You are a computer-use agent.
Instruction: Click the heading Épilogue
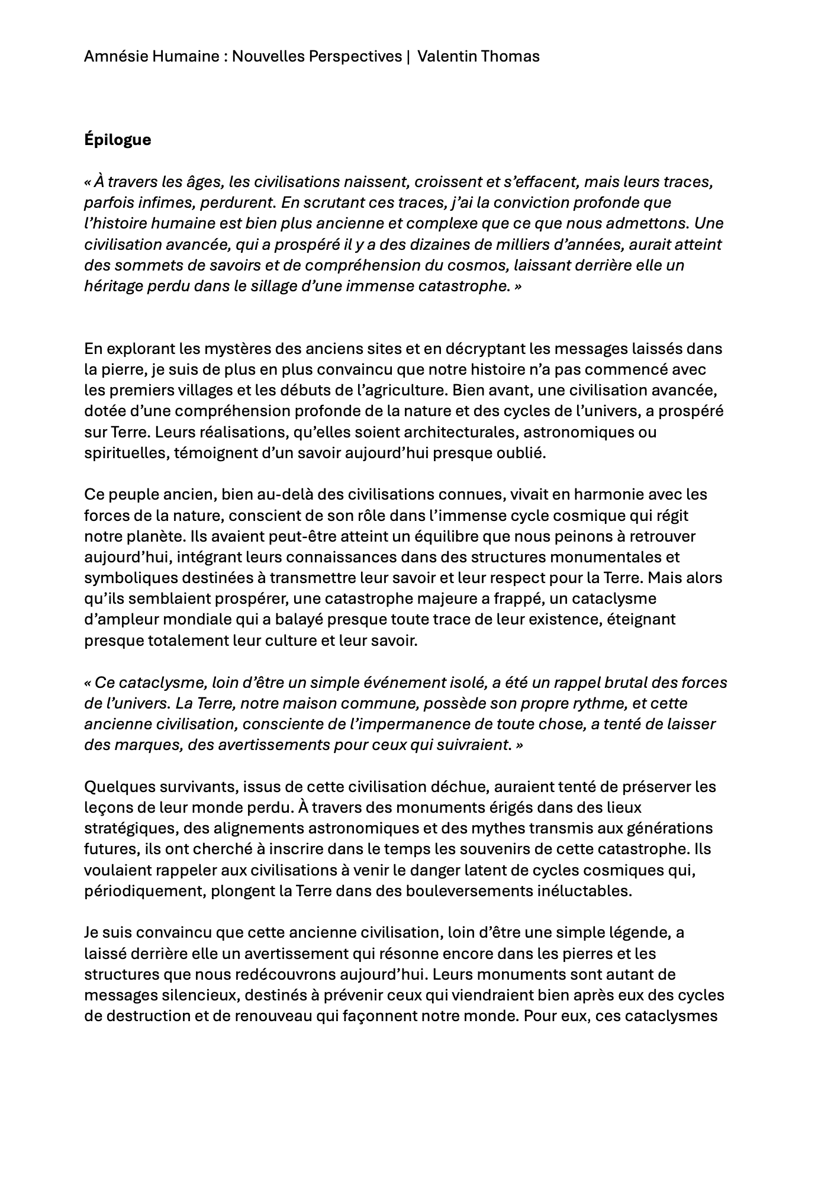coord(117,140)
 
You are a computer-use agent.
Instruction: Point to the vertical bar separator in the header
coord(408,56)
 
